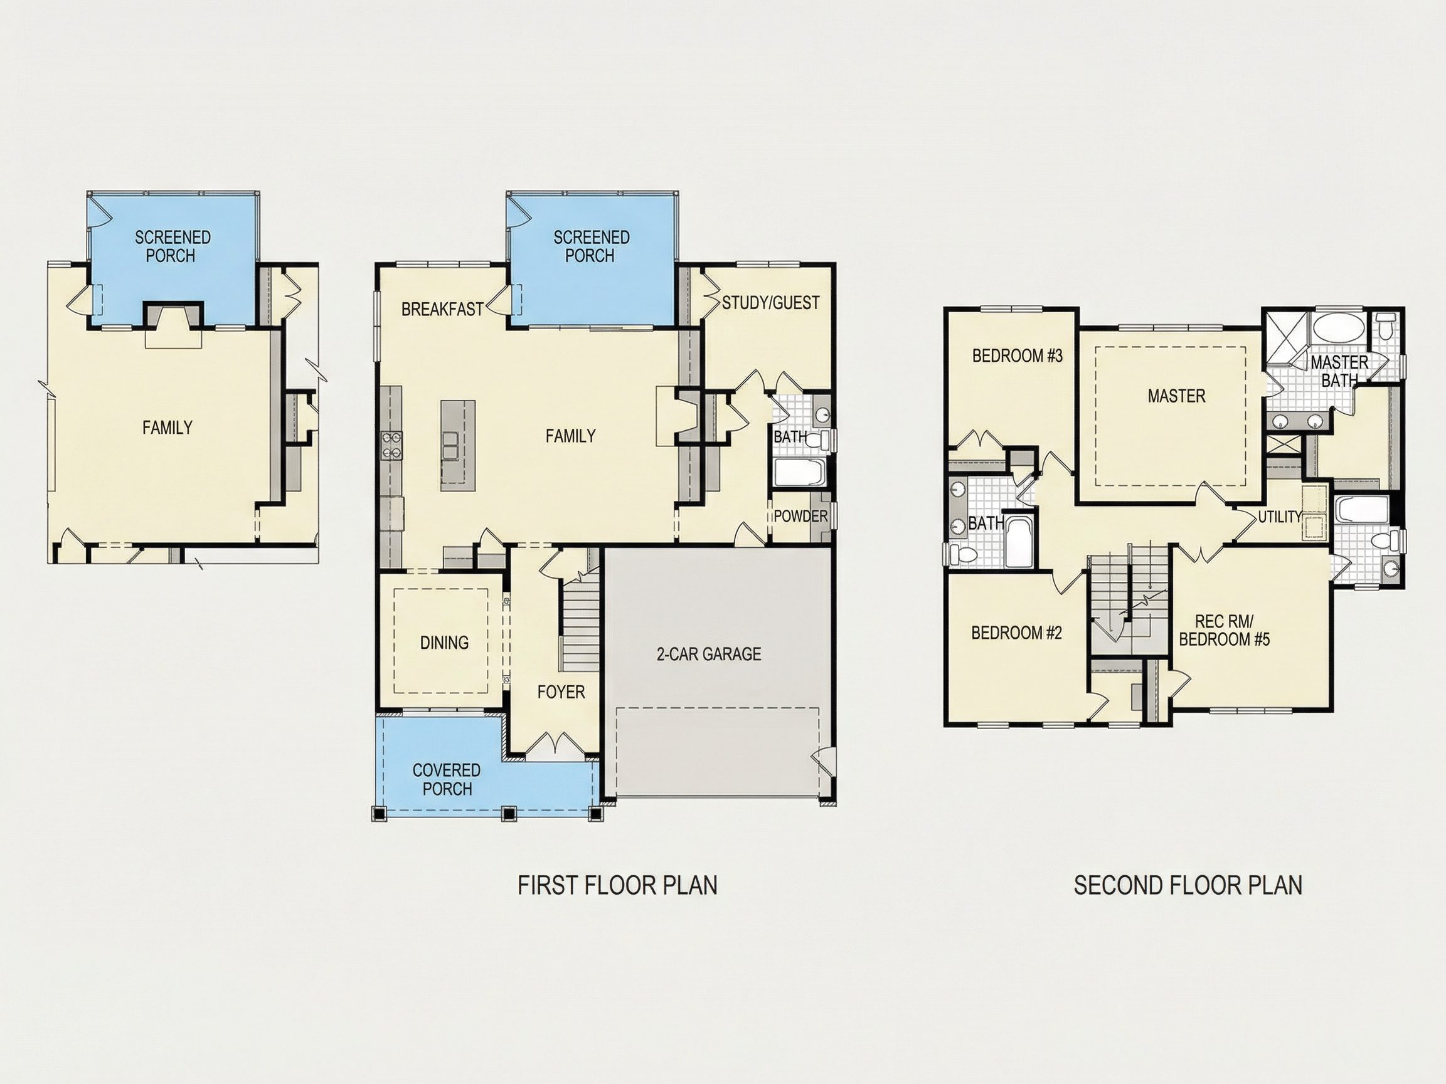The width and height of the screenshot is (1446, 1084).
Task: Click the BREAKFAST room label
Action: pyautogui.click(x=442, y=309)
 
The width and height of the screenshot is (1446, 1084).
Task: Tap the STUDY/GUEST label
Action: pyautogui.click(x=770, y=303)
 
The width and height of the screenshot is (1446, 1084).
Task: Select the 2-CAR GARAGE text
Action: pyautogui.click(x=709, y=654)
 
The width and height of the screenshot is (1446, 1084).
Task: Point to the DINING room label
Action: pyautogui.click(x=444, y=642)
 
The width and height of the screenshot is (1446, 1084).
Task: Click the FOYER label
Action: pyautogui.click(x=561, y=692)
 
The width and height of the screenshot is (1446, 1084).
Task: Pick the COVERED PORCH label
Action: pyautogui.click(x=447, y=779)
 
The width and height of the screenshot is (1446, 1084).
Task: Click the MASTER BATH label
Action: pyautogui.click(x=1339, y=371)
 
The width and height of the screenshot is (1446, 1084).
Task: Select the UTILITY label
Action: pyautogui.click(x=1279, y=517)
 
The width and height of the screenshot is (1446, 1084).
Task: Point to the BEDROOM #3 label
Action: pyautogui.click(x=1017, y=355)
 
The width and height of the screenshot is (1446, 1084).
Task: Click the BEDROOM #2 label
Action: pyautogui.click(x=1016, y=633)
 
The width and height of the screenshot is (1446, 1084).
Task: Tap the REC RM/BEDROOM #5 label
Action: pyautogui.click(x=1224, y=631)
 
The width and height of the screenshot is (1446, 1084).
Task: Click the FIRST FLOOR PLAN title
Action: pyautogui.click(x=617, y=885)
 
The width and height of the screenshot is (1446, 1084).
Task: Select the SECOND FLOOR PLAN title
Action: pyautogui.click(x=1188, y=885)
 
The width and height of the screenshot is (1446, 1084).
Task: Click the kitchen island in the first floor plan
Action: pyautogui.click(x=457, y=446)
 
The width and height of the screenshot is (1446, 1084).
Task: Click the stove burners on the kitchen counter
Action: pyautogui.click(x=391, y=445)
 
